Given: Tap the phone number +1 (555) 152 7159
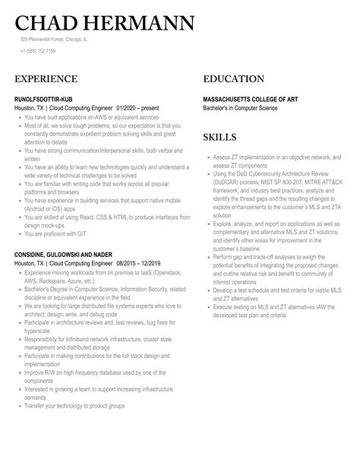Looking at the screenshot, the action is [37, 51].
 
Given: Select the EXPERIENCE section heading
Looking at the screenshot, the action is [46, 79].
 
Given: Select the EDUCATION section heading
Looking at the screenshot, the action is [234, 79].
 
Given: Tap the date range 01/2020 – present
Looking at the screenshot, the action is [141, 109].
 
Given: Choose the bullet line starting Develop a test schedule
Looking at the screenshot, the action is [273, 290].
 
